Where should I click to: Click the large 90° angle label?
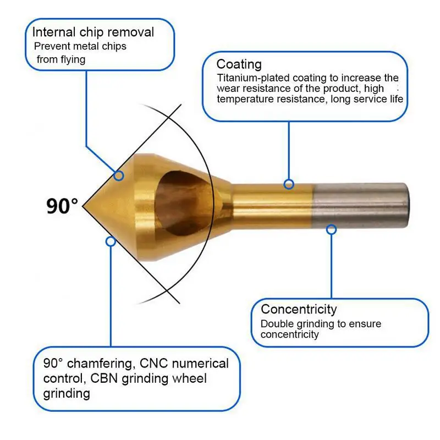click(62, 206)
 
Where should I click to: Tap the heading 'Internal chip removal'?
click(93, 32)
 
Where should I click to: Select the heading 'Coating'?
click(239, 64)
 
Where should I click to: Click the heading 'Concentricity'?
click(299, 309)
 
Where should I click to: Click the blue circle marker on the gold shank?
click(289, 184)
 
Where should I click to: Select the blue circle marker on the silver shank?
click(331, 229)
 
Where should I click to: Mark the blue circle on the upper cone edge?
click(119, 175)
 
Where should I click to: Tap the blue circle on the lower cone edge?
click(111, 241)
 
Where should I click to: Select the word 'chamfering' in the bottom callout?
click(97, 364)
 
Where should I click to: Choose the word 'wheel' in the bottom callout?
click(189, 378)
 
